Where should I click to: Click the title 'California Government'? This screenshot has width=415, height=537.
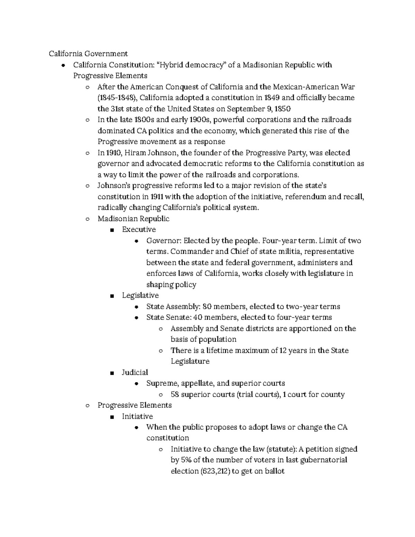coord(88,54)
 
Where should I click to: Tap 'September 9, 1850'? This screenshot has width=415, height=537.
coord(258,109)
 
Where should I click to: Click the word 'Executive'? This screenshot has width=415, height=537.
coord(139,230)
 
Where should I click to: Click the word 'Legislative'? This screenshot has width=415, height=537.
coord(140,295)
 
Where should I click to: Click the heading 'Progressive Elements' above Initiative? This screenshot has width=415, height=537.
coord(135,405)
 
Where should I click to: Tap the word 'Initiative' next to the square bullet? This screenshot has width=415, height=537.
coord(137,416)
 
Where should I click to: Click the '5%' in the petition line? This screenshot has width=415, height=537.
coord(185,460)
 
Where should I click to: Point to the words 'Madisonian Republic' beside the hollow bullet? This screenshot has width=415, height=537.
coord(133,219)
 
